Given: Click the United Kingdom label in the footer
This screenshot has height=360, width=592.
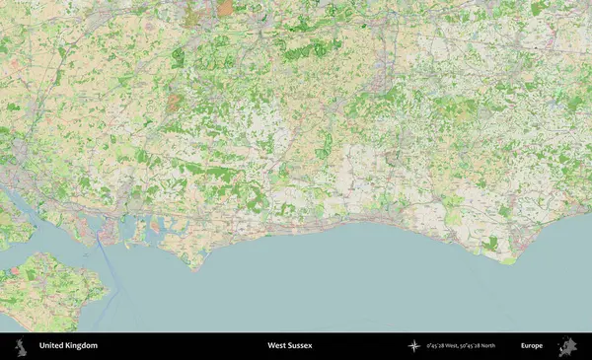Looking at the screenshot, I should click(68, 346).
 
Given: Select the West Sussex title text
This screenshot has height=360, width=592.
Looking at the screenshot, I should click(292, 346).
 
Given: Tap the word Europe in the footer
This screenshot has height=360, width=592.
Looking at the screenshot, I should click(532, 346).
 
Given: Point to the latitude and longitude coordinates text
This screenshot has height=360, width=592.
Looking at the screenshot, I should click(460, 346).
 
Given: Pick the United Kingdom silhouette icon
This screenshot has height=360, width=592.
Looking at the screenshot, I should click(20, 346).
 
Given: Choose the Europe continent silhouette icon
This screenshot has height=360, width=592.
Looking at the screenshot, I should click(567, 346).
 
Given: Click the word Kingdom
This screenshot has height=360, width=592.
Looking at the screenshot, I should click(82, 346).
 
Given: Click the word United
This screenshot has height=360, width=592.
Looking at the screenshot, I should click(51, 346).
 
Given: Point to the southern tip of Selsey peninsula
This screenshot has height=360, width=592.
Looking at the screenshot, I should click(196, 267).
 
